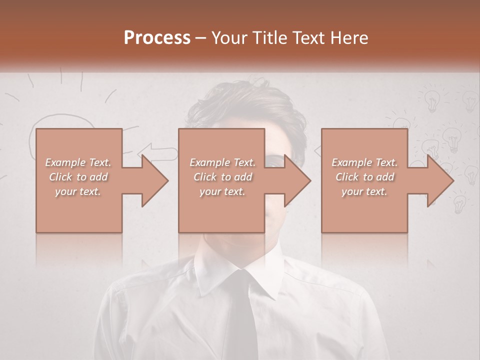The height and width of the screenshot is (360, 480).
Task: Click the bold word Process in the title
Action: pos(157,37)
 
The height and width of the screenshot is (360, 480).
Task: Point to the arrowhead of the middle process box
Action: pos(298,180)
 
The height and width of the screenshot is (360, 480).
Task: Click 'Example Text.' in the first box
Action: pos(78,162)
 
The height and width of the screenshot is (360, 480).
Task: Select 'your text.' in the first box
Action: pos(78,191)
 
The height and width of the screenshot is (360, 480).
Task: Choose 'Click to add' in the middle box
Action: pos(222,177)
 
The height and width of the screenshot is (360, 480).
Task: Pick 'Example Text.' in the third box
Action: pos(364,162)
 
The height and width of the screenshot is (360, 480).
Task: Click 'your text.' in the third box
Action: pos(364,191)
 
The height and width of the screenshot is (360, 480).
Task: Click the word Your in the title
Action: pos(230,37)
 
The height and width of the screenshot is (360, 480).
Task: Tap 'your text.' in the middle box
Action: pos(222,191)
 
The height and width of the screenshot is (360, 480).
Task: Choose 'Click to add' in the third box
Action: pos(364,177)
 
